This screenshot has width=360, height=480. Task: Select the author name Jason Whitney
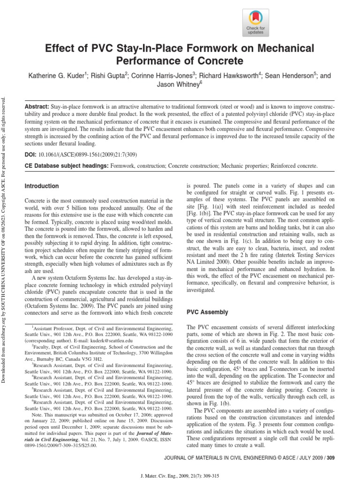click(x=180, y=85)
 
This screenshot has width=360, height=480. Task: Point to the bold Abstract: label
click(x=37, y=107)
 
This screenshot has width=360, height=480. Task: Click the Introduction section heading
click(x=42, y=186)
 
